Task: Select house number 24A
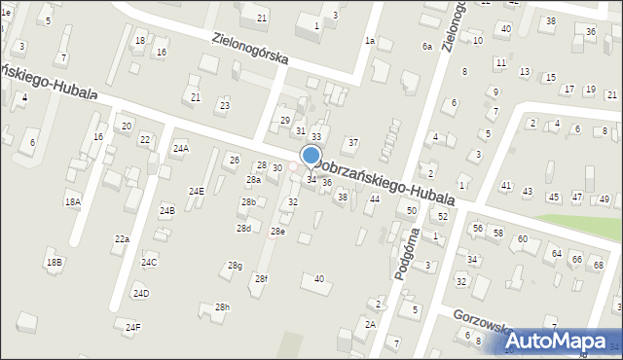(180, 148)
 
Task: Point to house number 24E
(197, 191)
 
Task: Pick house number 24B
(166, 210)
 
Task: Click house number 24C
(149, 262)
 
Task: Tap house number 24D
(141, 293)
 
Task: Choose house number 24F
(132, 328)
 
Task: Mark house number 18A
(73, 201)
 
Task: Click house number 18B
(54, 263)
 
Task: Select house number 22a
(122, 238)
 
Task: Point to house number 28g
(235, 265)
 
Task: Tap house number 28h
(223, 307)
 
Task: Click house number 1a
(370, 41)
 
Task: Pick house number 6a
(426, 47)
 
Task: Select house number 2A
(370, 324)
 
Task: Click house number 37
(353, 142)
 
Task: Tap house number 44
(374, 198)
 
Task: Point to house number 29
(285, 120)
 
